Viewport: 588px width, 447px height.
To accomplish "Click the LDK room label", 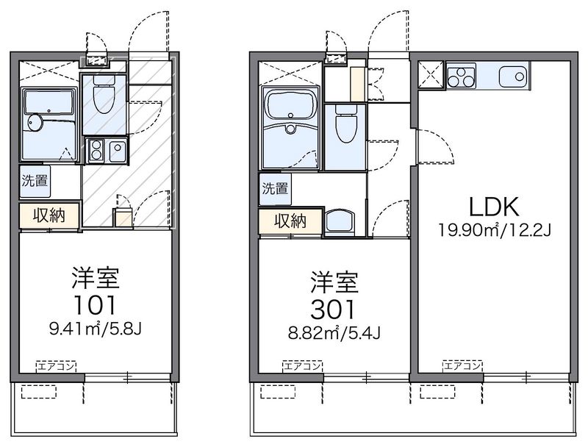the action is [494, 207].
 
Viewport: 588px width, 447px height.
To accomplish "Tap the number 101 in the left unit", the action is [96, 305].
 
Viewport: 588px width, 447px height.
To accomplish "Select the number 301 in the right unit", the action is [333, 310].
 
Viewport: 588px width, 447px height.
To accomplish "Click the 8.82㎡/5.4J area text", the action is [334, 333].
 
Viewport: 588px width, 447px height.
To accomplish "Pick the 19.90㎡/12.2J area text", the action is [495, 230].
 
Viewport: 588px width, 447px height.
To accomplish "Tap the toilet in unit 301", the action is [345, 124].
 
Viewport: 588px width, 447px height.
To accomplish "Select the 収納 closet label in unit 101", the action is [49, 215].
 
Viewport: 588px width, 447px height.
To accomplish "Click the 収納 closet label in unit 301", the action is [290, 221].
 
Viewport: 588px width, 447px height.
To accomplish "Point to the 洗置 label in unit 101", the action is [35, 181].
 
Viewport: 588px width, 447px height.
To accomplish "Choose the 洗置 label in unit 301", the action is [275, 188].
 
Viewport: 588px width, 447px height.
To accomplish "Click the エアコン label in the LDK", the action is [462, 366].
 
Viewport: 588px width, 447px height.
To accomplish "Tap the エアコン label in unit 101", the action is [57, 366].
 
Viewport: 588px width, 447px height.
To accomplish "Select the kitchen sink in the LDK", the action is [513, 76].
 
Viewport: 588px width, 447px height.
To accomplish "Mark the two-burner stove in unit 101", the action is [96, 150].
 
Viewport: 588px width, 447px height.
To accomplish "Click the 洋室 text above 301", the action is [334, 282].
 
